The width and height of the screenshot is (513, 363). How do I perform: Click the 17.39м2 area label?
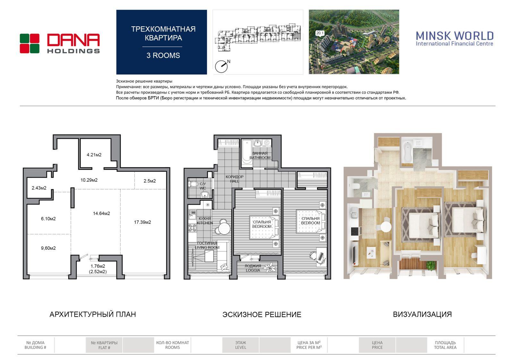pos(142,222)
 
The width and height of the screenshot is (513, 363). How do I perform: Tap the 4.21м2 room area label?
pos(94,155)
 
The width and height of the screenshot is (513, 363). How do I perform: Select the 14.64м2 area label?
pos(101,213)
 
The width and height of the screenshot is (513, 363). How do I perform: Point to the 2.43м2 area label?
pos(39,188)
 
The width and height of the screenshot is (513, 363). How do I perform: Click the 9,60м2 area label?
pos(48,248)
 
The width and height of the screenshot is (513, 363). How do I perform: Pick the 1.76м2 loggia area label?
pos(98,266)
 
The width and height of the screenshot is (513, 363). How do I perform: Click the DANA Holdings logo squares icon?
pos(29,44)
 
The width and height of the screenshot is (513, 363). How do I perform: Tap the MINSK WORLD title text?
pos(455,36)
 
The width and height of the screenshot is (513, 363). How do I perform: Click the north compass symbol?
pos(221,66)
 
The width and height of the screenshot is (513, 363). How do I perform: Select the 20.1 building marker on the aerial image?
pos(320,33)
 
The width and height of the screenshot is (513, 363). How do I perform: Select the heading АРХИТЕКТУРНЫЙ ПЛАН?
pos(93,315)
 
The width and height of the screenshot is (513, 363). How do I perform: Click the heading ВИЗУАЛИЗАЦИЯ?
pos(422,315)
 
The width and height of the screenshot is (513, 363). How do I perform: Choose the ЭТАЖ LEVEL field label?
pos(240,345)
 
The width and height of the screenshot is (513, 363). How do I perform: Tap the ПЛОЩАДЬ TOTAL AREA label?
pos(445,345)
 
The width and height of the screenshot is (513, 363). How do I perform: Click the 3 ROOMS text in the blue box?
pos(163,56)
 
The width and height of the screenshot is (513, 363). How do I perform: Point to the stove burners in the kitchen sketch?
pos(192,228)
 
